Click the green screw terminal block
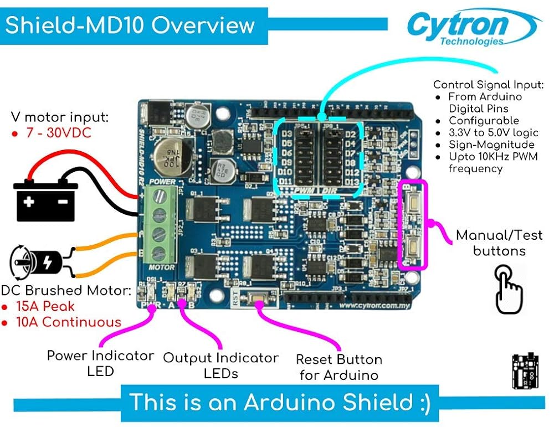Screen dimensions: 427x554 160,224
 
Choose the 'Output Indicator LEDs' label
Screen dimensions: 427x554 220,366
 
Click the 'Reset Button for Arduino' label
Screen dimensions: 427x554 338,367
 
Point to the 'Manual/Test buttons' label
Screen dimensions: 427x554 499,243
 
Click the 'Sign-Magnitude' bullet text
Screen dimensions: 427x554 484,145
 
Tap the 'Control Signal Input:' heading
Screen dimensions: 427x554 489,85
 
